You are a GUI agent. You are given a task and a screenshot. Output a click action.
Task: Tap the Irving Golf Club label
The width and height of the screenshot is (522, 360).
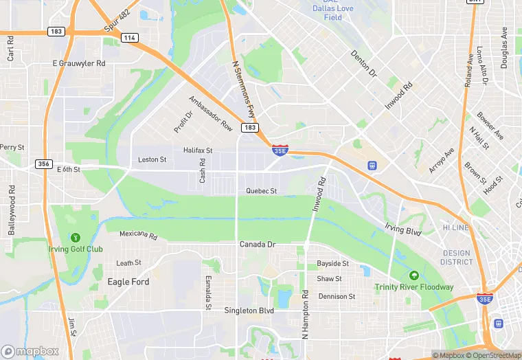click(x=75, y=249)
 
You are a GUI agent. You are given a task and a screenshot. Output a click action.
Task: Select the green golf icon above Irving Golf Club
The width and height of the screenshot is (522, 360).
click(x=75, y=237)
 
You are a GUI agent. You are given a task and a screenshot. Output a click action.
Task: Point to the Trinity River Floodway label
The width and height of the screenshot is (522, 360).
click(x=413, y=286)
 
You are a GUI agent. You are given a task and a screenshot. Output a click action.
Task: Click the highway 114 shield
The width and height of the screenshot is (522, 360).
click(x=129, y=38)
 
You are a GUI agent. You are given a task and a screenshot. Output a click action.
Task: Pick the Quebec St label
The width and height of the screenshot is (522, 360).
click(x=262, y=191)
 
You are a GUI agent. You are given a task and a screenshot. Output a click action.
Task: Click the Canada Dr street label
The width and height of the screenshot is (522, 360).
click(x=257, y=245)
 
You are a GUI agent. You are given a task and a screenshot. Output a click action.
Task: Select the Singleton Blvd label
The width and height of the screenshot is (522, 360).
click(x=249, y=311)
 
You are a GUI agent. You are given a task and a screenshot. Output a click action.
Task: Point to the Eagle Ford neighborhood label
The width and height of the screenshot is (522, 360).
click(x=128, y=282)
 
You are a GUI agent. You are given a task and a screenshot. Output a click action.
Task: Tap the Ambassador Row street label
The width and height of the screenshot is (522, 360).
click(x=211, y=113)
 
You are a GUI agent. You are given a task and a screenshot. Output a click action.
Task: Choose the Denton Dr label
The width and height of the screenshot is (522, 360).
click(x=364, y=63)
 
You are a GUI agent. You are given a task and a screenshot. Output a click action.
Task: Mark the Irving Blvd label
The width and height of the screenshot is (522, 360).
click(x=403, y=230)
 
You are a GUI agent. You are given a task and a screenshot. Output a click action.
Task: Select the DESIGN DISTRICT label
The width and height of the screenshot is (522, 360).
click(x=457, y=257)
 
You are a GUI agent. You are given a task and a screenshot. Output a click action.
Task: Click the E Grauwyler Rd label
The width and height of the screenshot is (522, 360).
click(x=79, y=63)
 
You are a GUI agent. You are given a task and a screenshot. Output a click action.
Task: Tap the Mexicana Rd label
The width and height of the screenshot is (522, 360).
click(x=138, y=234)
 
